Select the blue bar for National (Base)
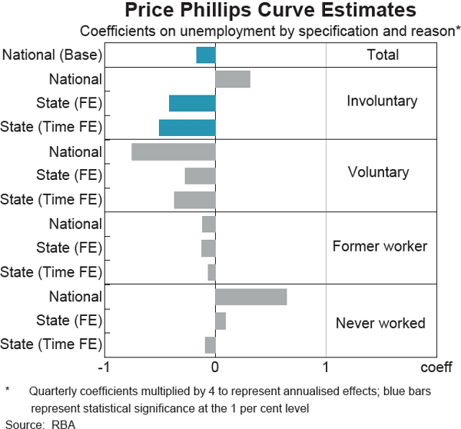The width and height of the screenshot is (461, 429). [206, 55]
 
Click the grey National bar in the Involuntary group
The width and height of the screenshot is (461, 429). [233, 78]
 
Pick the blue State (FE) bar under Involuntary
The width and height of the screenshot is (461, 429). [192, 103]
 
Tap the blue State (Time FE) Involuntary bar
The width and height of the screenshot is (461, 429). [187, 128]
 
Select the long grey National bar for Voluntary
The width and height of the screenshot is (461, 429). [174, 151]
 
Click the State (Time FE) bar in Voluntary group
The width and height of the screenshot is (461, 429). [195, 200]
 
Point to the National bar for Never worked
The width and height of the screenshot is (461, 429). [251, 297]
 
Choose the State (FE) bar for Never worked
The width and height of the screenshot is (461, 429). [221, 321]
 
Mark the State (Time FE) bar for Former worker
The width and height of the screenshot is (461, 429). [212, 272]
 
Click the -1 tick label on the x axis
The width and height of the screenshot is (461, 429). [105, 366]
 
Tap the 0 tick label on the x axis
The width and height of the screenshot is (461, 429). [216, 366]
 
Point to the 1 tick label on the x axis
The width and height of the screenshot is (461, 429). [327, 366]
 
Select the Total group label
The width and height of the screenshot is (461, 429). [383, 55]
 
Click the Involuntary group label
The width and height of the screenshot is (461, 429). [382, 101]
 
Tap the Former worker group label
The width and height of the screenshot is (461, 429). [380, 247]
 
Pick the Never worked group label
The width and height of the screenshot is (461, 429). [380, 323]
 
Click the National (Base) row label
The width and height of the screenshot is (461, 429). [51, 55]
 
